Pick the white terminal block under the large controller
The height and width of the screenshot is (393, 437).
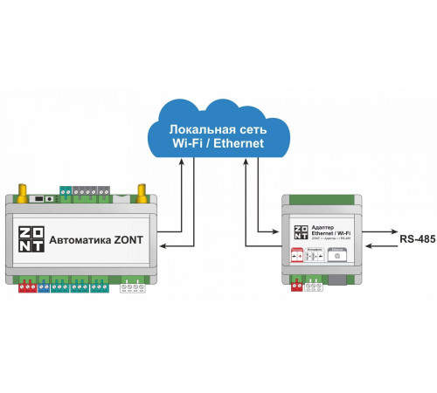pyautogui.click(x=134, y=284)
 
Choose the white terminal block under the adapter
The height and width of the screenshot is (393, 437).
pyautogui.click(x=312, y=284)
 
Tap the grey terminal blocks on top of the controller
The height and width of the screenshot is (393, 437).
pyautogui.click(x=92, y=190)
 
